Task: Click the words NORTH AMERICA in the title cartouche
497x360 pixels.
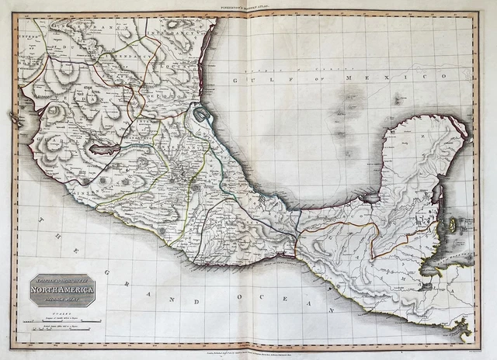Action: pyautogui.click(x=61, y=291)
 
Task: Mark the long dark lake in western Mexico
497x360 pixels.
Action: pyautogui.click(x=104, y=148)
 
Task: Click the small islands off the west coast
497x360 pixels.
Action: pyautogui.click(x=15, y=117)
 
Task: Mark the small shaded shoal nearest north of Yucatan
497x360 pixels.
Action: pyautogui.click(x=398, y=99)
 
